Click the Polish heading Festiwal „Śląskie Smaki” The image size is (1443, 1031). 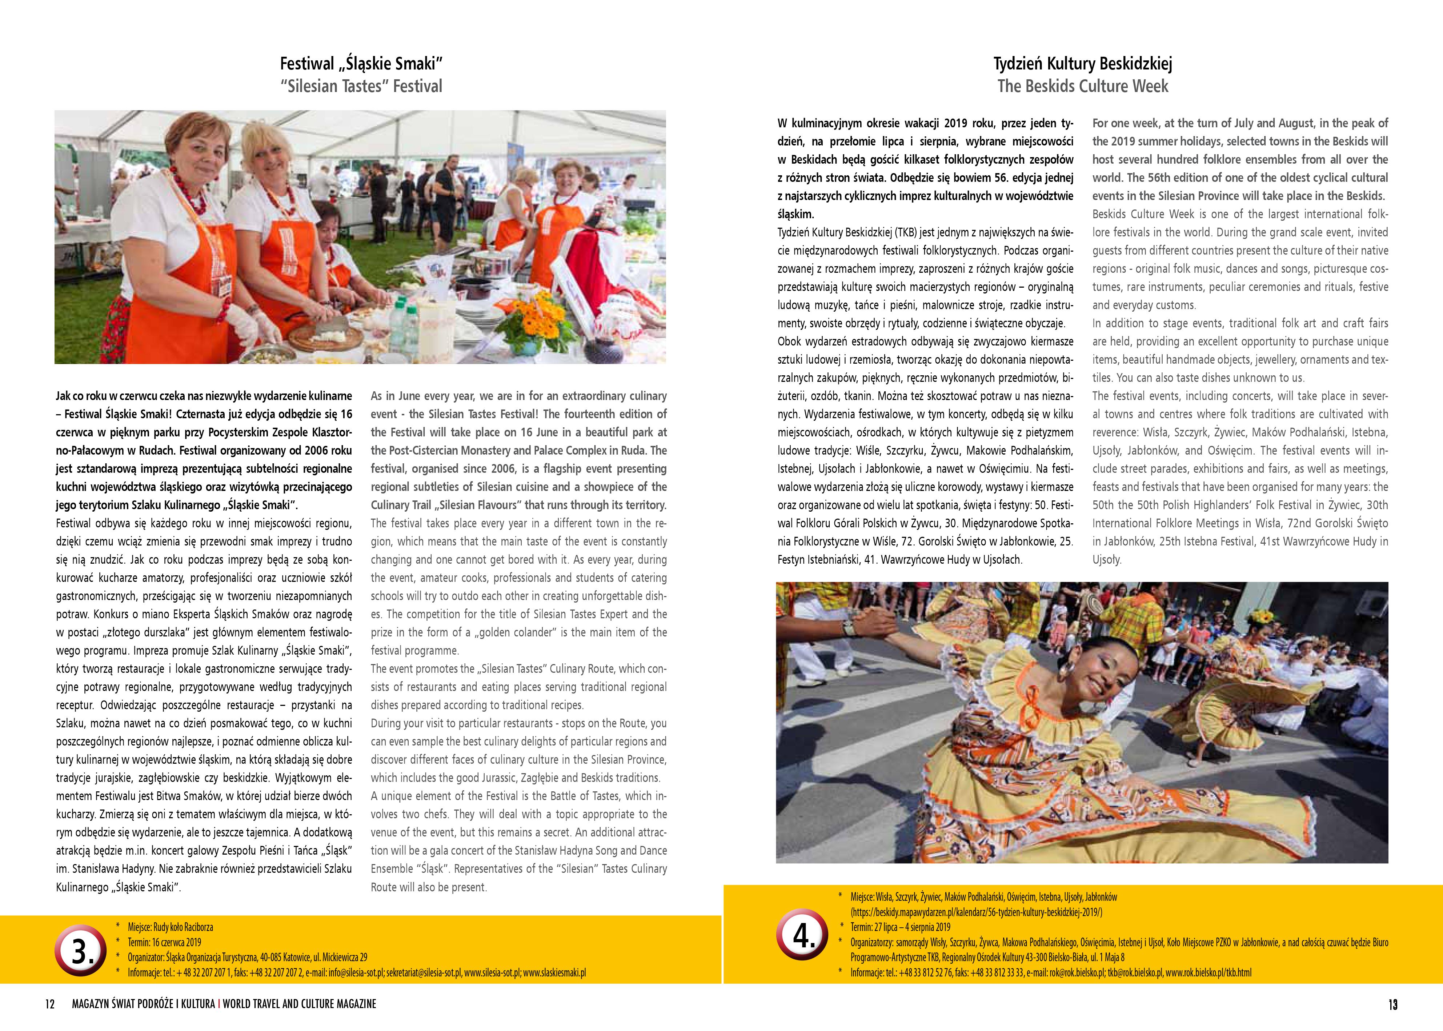pos(360,64)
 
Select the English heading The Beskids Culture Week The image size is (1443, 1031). pos(1083,86)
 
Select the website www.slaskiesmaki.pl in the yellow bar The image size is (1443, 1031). pos(554,972)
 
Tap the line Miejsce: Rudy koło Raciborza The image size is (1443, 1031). pos(170,927)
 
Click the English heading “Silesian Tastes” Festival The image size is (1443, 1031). pos(360,86)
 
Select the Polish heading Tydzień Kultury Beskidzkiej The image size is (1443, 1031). pos(1083,64)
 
